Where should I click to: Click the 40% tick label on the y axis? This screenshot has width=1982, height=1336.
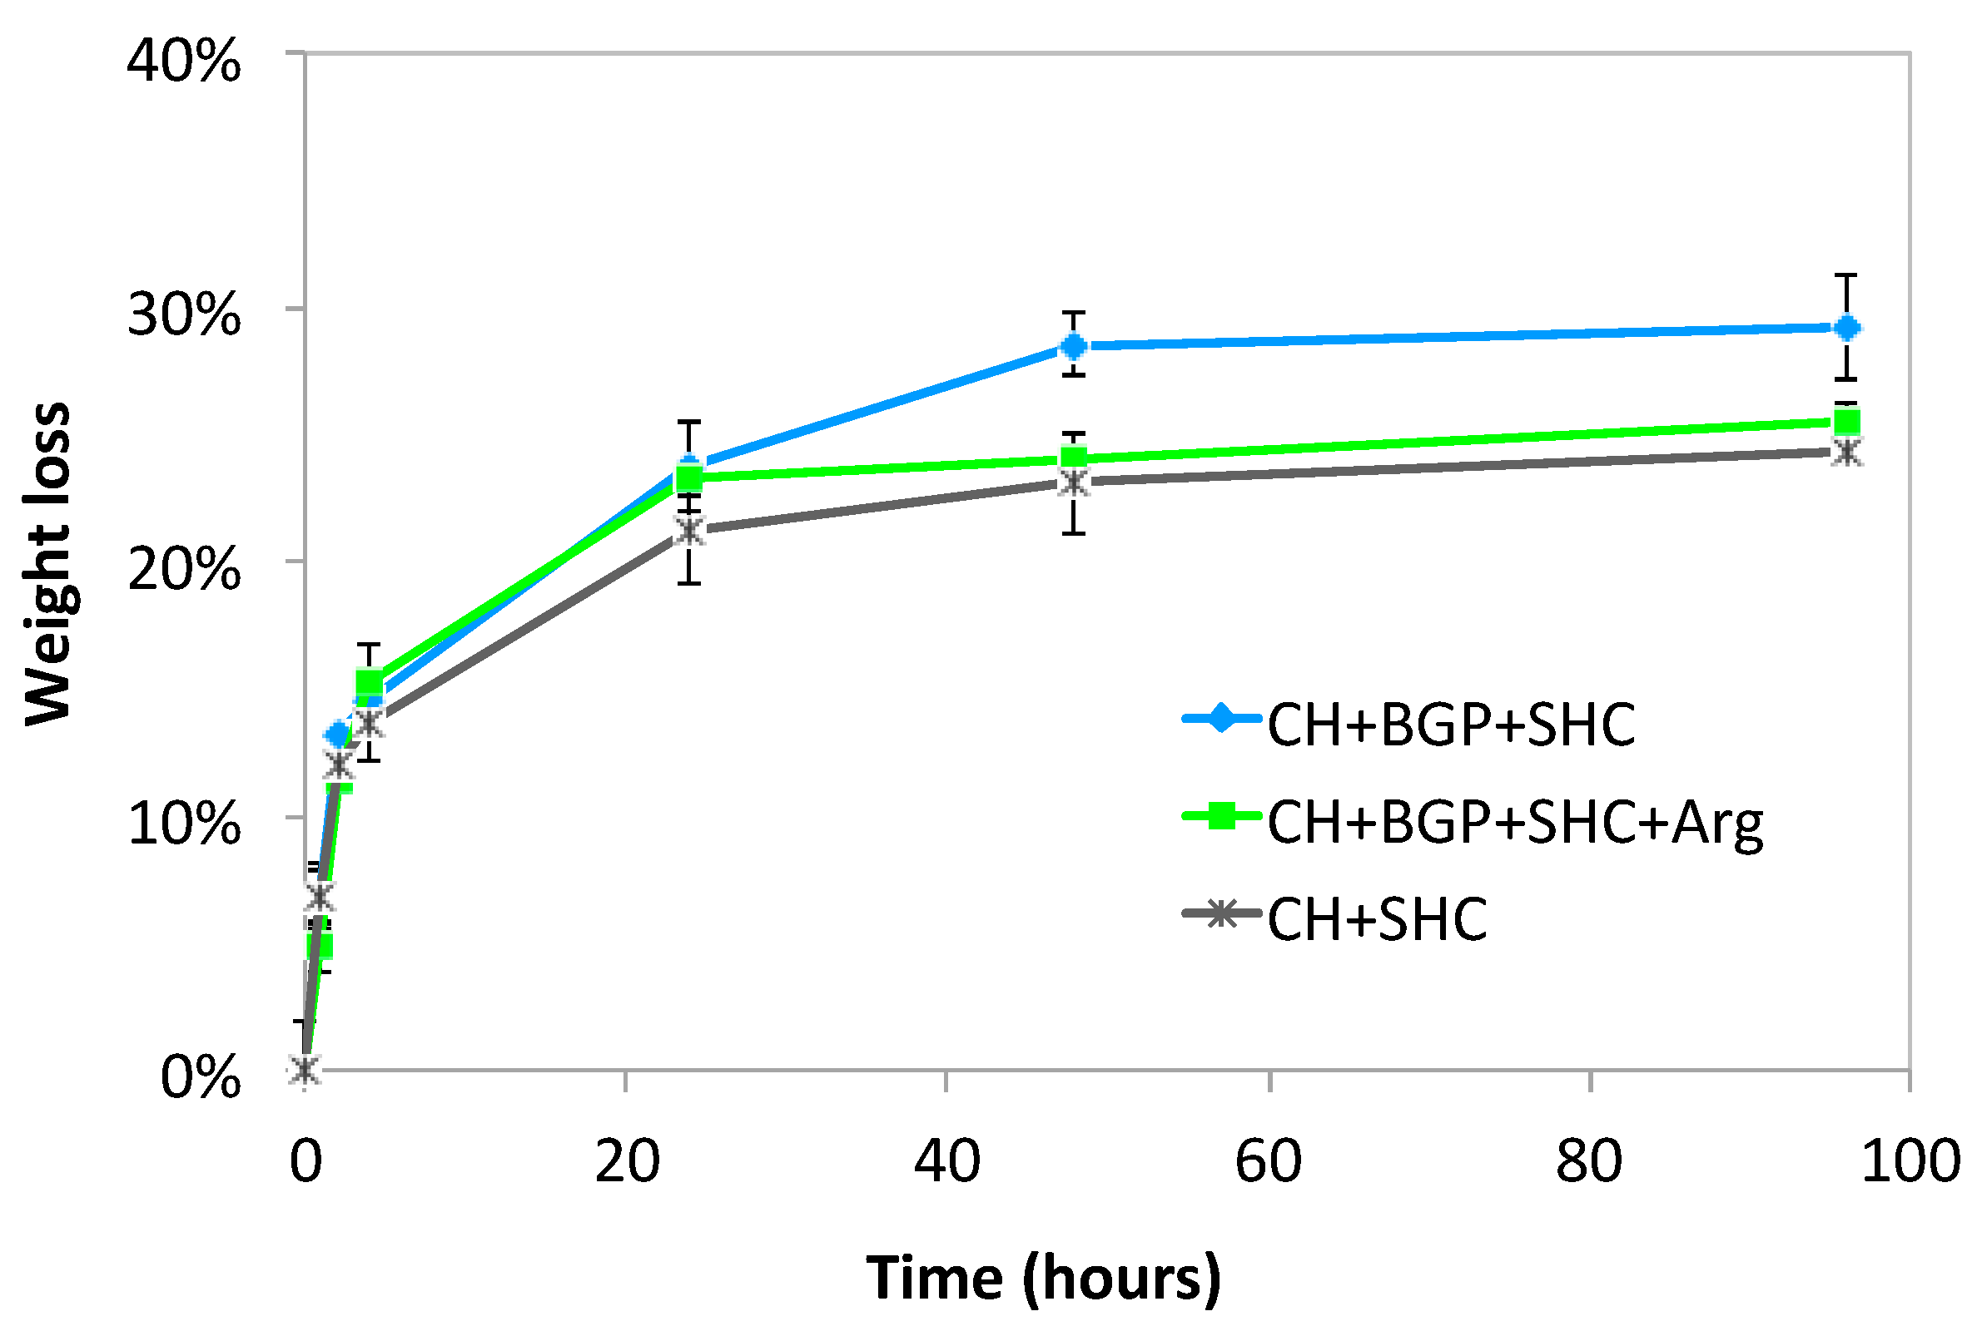pos(183,62)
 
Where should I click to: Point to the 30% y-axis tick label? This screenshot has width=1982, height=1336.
pos(183,315)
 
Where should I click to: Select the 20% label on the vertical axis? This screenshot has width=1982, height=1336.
pos(183,569)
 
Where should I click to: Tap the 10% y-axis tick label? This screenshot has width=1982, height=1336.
pos(183,824)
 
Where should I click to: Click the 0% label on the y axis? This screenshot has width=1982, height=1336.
pos(201,1077)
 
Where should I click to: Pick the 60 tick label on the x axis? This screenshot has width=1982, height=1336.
pos(1268,1161)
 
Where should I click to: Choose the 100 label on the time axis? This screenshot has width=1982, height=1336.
pos(1910,1161)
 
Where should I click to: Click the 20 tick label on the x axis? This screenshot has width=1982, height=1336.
pos(627,1161)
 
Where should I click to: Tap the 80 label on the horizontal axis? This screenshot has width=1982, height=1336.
pos(1588,1161)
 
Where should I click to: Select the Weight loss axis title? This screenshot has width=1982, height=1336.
pos(47,563)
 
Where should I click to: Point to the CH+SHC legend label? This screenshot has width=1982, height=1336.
pos(1377,919)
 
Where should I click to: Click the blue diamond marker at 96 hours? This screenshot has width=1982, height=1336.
pos(1846,328)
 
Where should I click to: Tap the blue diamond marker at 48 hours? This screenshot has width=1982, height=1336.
pos(1074,346)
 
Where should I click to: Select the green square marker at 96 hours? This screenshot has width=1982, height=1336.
pos(1846,422)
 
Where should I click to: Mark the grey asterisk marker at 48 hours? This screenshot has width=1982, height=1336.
pos(1074,483)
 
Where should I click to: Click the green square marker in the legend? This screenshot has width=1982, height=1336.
pos(1222,815)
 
